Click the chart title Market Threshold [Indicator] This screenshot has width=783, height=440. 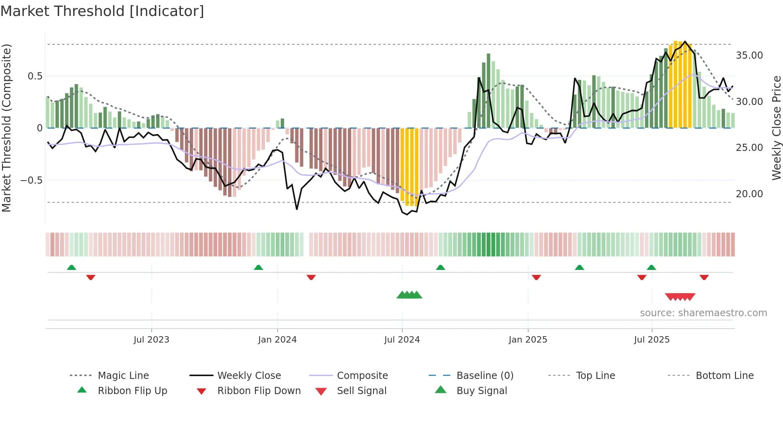coord(102,11)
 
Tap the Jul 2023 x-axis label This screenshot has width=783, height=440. coord(151,340)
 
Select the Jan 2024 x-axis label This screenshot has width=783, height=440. coord(277,340)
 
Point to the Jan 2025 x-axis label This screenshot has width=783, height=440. coord(528,340)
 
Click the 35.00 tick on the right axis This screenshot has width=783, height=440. coord(749,55)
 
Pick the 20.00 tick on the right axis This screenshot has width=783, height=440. coord(749,194)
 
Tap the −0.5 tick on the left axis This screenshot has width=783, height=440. coord(32,180)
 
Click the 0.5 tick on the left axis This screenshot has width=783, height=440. coord(35,76)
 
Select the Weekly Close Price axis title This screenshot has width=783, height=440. coord(776,128)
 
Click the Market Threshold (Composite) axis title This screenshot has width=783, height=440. coord(6,128)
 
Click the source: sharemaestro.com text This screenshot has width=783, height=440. coord(703,313)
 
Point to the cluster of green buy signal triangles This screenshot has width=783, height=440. coord(409,295)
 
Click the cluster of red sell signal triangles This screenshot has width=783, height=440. coord(680,297)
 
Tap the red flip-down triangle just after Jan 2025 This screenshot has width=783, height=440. coord(536,277)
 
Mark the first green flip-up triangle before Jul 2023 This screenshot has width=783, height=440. coord(72,267)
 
